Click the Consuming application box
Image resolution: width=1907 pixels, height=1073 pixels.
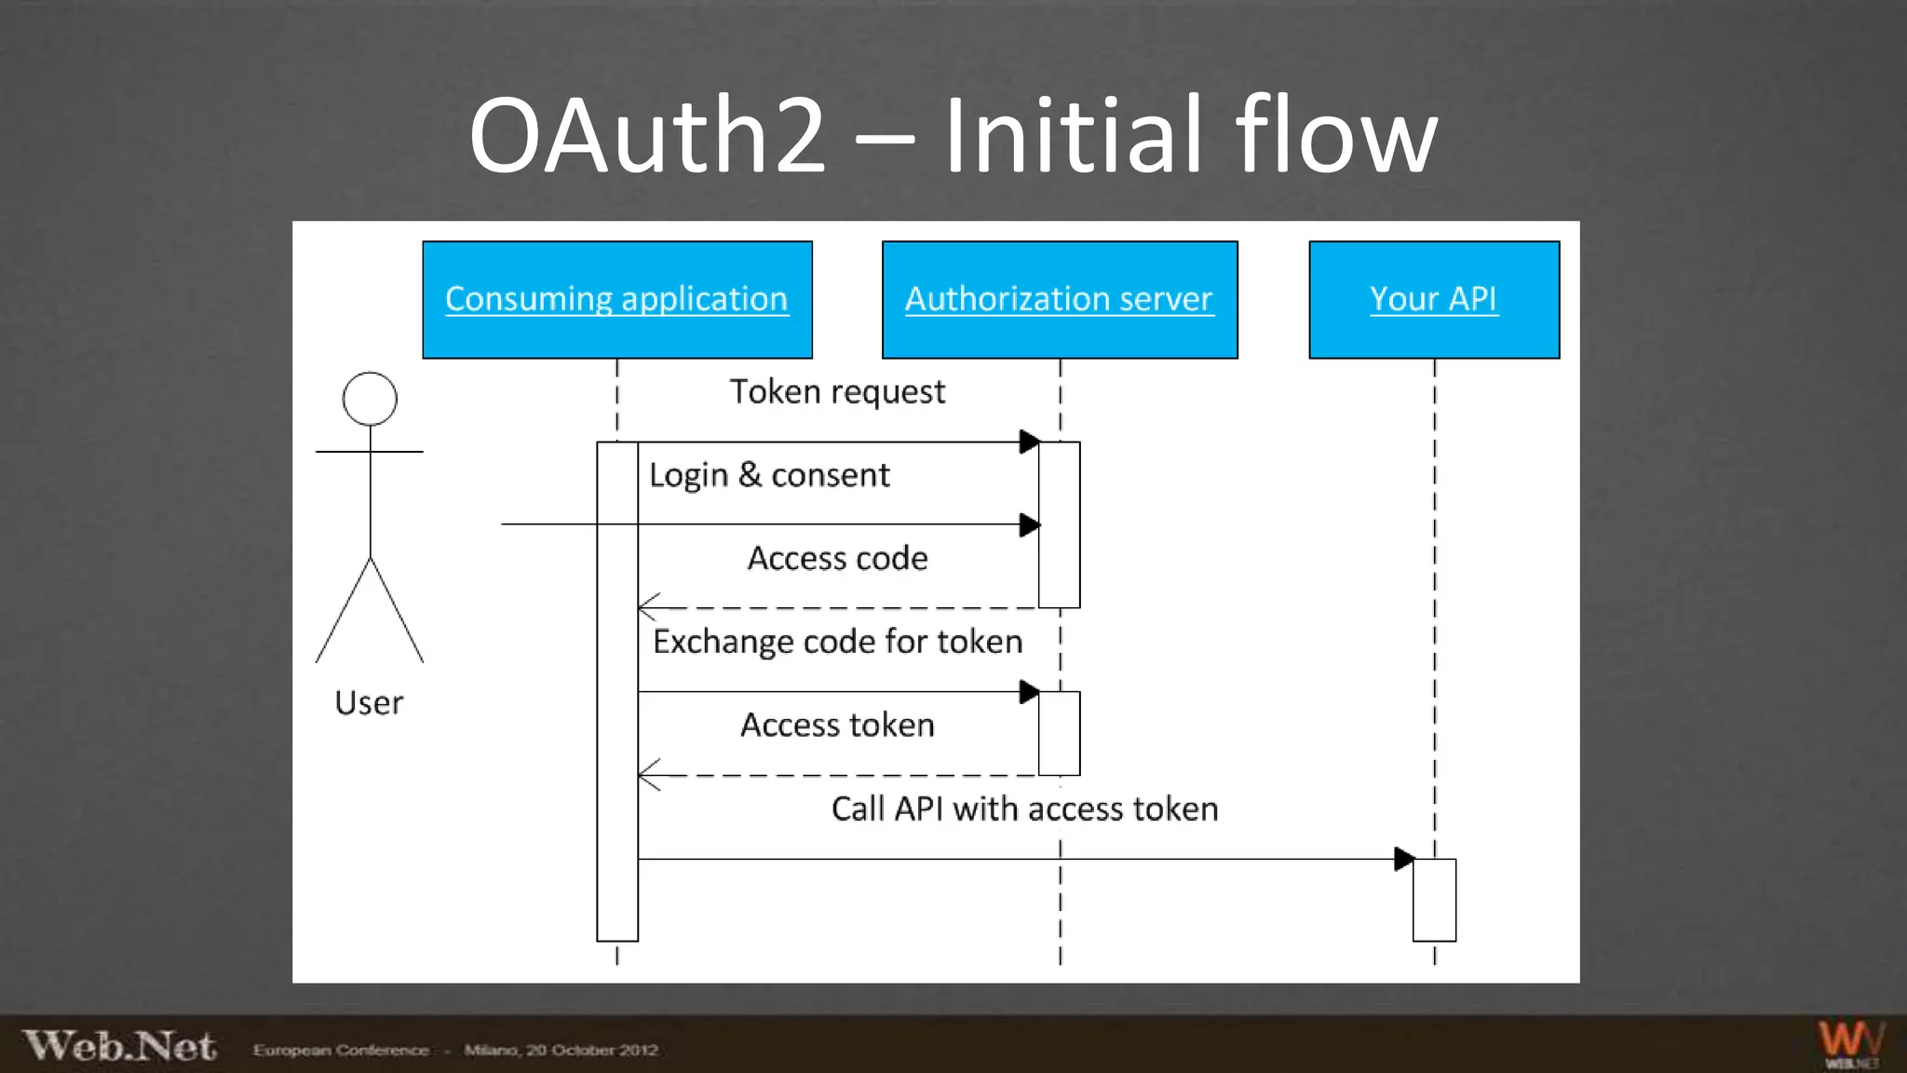click(x=616, y=300)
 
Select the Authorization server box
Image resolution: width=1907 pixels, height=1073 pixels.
click(x=1060, y=300)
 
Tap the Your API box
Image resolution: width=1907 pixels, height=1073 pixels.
click(x=1434, y=300)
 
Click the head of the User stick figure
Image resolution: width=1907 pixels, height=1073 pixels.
click(x=370, y=399)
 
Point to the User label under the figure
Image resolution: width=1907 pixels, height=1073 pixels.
click(x=369, y=702)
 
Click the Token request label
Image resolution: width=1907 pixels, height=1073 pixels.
click(x=837, y=392)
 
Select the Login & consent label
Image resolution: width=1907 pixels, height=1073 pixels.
click(x=769, y=475)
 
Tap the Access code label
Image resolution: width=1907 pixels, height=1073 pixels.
click(x=837, y=558)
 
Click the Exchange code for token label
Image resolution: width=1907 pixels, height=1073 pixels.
click(x=837, y=642)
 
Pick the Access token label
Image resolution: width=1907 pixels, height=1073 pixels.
click(x=837, y=725)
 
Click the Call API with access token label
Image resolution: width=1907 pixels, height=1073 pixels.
click(x=1024, y=808)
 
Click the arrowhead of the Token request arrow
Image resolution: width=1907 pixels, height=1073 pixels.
click(x=1029, y=441)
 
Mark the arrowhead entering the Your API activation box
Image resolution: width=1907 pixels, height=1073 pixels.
click(x=1403, y=859)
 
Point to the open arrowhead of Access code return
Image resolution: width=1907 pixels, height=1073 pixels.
click(x=649, y=607)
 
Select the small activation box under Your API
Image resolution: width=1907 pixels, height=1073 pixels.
click(x=1434, y=900)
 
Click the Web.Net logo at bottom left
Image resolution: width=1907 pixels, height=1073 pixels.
click(x=119, y=1046)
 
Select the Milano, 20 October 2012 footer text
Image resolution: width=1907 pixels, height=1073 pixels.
click(x=561, y=1050)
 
